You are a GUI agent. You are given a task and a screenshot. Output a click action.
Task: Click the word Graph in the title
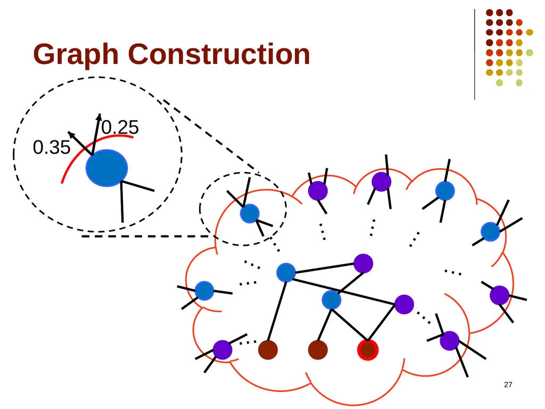point(76,55)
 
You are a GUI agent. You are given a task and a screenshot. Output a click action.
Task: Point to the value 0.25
point(120,127)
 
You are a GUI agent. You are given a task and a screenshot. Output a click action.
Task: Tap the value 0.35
point(52,148)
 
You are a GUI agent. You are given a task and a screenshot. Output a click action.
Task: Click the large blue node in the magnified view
point(106,168)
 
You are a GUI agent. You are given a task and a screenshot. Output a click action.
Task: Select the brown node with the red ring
point(368,350)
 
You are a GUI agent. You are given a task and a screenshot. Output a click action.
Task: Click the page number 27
point(508,385)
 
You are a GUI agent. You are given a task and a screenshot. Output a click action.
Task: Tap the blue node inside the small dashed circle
point(250,213)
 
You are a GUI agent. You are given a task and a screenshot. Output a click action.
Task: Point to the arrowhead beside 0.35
point(71,134)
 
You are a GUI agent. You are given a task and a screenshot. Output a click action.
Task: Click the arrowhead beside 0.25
point(99,117)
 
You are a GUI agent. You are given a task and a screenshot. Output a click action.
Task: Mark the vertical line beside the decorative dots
point(474,55)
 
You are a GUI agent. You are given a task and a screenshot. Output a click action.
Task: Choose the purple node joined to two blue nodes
point(363,263)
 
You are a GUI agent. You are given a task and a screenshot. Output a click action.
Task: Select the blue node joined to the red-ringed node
point(331,300)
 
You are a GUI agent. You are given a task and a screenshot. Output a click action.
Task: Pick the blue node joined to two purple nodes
point(286,272)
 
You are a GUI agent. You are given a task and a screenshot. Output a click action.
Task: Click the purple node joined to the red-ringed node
point(404,304)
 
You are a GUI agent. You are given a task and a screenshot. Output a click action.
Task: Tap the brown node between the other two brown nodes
point(318,350)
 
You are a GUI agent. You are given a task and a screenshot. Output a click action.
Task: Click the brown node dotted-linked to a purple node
point(268,350)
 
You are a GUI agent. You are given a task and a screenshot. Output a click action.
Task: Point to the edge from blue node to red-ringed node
point(349,324)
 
